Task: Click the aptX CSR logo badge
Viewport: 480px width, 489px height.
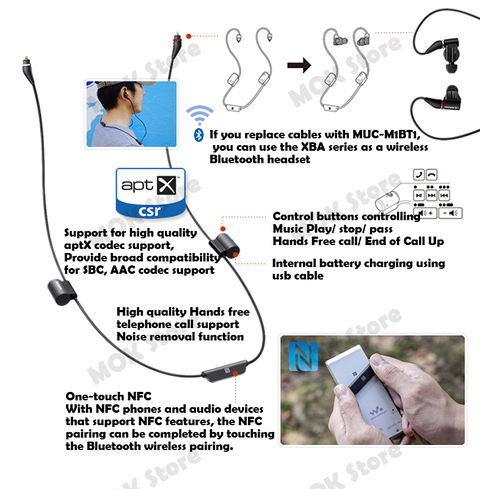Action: point(151,193)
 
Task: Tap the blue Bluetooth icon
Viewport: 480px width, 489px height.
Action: point(199,135)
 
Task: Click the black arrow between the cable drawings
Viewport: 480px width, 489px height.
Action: point(299,65)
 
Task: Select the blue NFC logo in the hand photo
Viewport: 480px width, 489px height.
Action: point(303,356)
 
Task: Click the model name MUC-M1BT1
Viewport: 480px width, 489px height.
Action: point(386,134)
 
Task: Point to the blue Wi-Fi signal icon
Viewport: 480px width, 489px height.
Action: point(199,115)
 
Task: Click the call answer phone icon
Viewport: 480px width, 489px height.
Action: point(419,174)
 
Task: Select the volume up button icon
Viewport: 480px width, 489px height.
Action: point(425,213)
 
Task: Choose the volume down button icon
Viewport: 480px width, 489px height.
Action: point(450,213)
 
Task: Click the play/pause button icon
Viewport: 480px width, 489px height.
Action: point(419,195)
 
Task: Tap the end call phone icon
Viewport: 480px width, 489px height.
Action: point(431,174)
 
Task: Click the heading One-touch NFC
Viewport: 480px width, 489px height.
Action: point(108,396)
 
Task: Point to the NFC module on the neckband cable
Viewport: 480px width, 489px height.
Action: point(225,371)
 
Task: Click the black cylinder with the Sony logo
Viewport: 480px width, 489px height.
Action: point(62,292)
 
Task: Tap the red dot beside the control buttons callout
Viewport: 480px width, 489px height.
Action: point(222,229)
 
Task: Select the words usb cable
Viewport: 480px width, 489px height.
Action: point(298,276)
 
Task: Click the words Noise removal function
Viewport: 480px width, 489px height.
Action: point(180,337)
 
